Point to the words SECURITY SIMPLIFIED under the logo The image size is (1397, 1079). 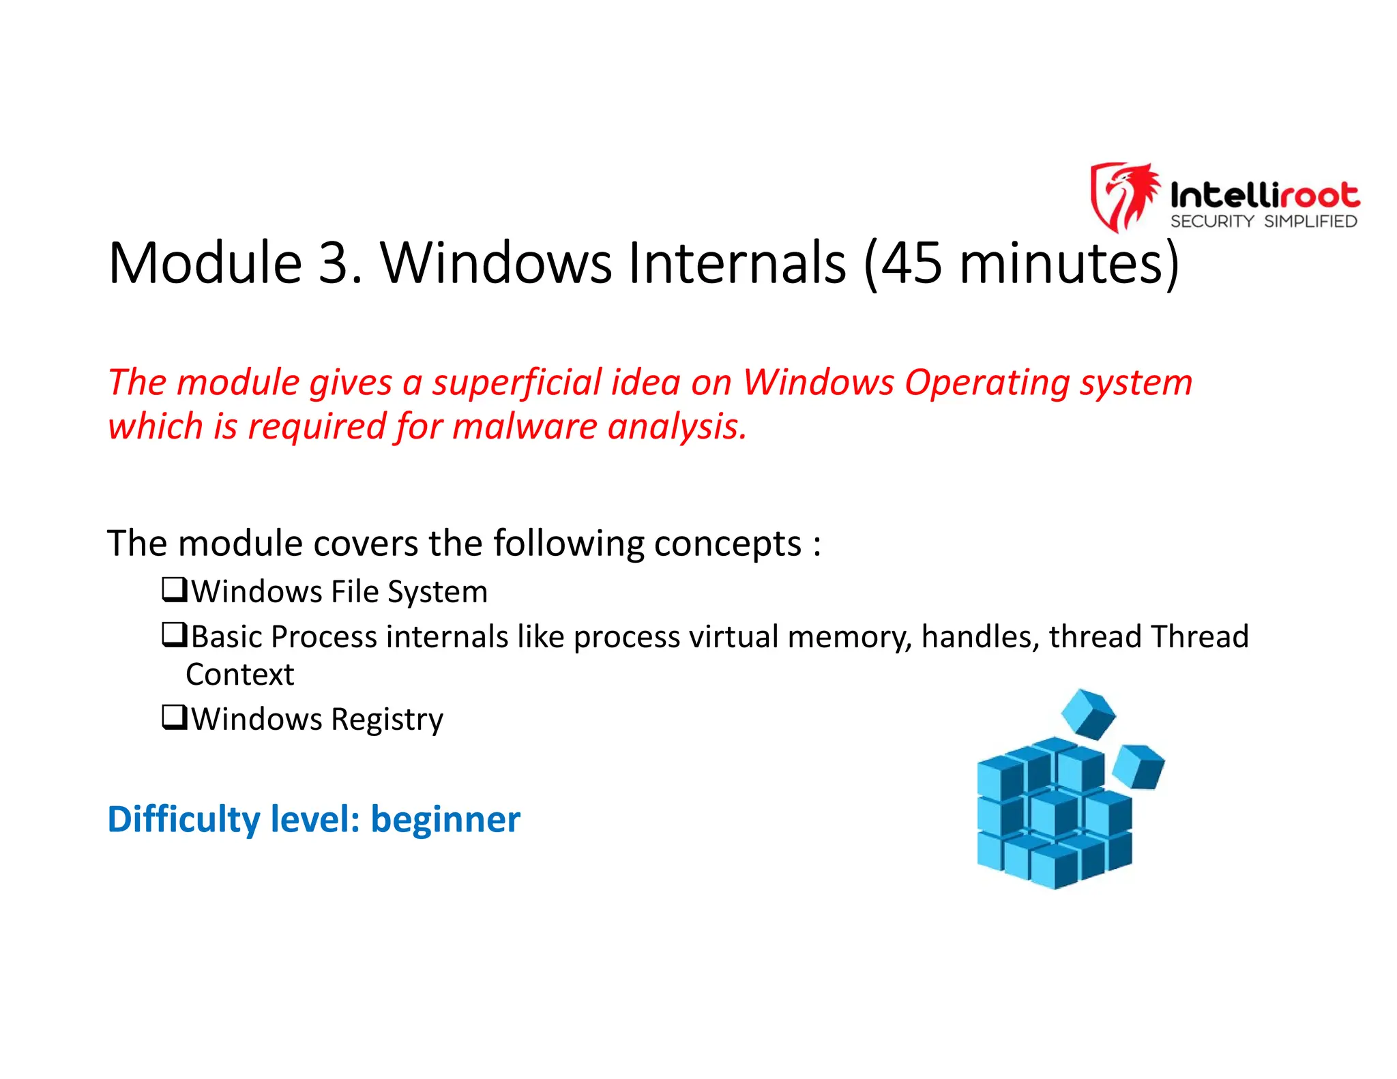click(1263, 222)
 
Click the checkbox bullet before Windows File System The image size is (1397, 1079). click(174, 589)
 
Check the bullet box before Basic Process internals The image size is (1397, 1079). click(174, 634)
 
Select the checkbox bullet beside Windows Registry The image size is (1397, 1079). click(174, 717)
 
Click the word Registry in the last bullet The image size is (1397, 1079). click(387, 720)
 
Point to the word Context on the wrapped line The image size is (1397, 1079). click(239, 675)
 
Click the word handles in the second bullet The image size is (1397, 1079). click(980, 637)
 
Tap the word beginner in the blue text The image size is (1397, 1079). click(445, 820)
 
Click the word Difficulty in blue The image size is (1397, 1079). click(183, 820)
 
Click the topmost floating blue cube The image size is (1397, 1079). click(1089, 713)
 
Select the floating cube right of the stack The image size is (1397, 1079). click(1138, 767)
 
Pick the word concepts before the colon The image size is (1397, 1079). click(727, 544)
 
